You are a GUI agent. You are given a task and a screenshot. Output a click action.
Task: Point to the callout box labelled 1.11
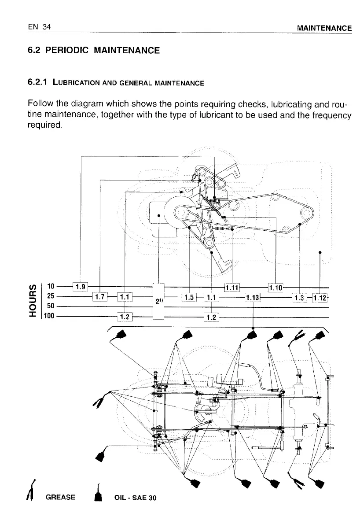coord(232,288)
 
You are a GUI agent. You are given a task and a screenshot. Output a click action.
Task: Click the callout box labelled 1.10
coord(276,288)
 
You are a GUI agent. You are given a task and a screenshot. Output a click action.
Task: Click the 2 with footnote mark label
coord(158,301)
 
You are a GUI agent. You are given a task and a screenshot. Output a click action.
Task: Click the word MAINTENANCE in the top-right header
coord(324,29)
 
